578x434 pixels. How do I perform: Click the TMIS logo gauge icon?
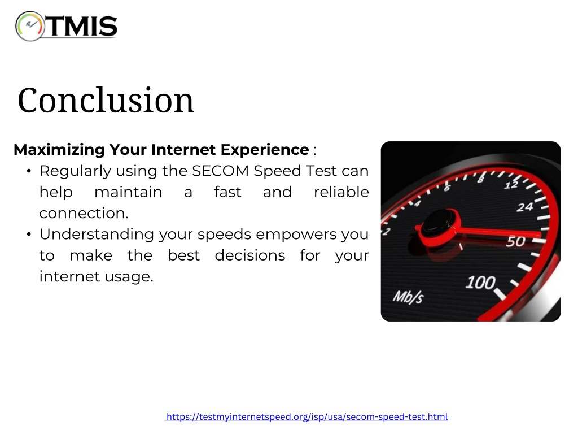[x=30, y=26]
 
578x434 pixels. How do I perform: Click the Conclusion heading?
[x=106, y=100]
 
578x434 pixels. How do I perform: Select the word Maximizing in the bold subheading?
[x=59, y=150]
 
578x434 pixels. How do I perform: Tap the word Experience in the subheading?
[x=265, y=150]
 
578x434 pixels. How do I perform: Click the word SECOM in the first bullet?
[x=221, y=171]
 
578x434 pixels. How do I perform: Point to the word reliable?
[x=341, y=192]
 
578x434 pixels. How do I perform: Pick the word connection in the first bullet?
[x=82, y=213]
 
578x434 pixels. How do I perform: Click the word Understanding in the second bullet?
[x=97, y=235]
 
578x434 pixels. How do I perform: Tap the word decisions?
[x=250, y=255]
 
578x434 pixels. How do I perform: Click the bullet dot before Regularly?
[x=29, y=171]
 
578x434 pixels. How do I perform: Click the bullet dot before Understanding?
[x=29, y=235]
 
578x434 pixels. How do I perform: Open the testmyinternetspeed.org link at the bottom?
[x=306, y=416]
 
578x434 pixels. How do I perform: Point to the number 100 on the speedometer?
[x=480, y=283]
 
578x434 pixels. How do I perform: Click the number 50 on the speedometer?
[x=515, y=241]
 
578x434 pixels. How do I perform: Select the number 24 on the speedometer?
[x=525, y=207]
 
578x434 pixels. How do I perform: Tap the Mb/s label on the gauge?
[x=408, y=297]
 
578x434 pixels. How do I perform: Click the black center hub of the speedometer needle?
[x=439, y=222]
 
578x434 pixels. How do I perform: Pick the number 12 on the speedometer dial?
[x=511, y=185]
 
